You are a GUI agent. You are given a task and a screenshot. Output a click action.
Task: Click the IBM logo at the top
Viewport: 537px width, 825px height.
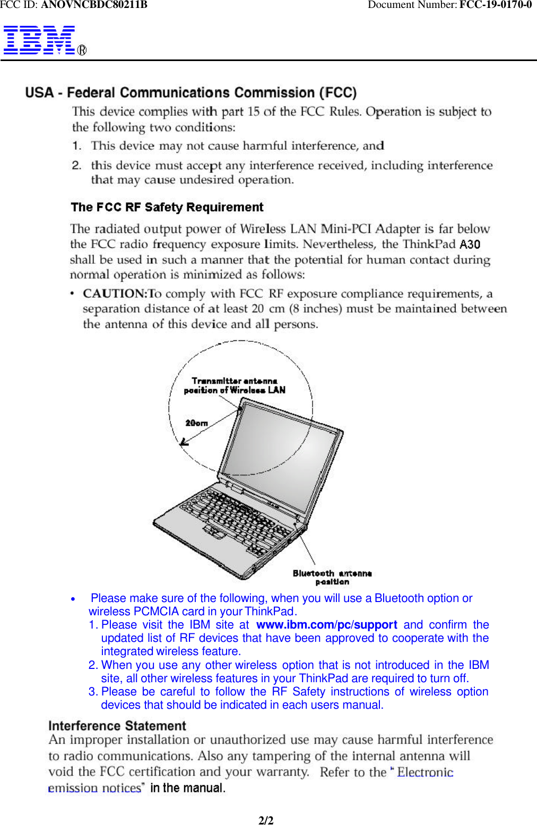pos(39,40)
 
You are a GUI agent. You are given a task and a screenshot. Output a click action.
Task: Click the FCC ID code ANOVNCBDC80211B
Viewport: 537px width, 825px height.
pos(94,5)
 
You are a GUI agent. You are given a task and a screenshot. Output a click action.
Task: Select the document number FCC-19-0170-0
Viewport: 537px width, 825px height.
pos(495,5)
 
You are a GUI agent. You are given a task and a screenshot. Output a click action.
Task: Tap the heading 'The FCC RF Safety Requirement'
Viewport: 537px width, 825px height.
pos(167,207)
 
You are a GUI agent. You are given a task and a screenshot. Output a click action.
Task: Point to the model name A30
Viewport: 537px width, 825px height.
pos(470,245)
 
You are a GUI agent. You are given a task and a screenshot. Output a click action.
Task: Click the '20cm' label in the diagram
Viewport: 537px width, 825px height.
pos(196,423)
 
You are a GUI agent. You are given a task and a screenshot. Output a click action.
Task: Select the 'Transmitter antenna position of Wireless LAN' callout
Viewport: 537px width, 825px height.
pos(235,385)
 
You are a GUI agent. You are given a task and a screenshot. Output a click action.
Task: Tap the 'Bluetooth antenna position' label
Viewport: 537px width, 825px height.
pos(332,577)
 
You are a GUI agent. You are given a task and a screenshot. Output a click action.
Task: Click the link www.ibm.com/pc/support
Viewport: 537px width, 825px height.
pos(326,625)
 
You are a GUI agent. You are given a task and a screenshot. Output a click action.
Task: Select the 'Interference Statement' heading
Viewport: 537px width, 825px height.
pos(117,726)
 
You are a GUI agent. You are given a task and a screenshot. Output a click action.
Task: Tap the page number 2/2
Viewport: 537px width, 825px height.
pos(266,820)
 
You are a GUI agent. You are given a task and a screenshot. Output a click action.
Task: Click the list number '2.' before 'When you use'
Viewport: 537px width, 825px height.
pos(93,665)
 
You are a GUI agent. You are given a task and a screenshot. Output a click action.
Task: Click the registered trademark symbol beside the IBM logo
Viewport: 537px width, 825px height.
pos(82,50)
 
